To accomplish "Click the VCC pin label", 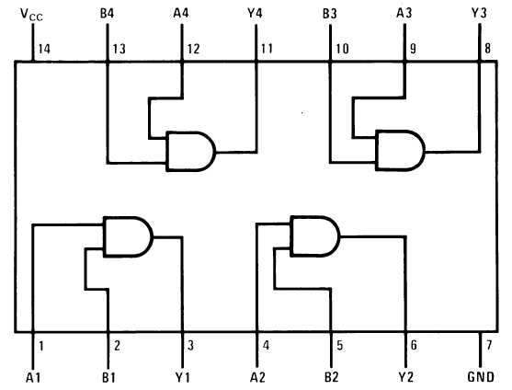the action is pos(31,15).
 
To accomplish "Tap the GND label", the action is pos(481,377).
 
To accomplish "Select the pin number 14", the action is pos(44,50).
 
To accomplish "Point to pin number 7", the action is pos(489,345).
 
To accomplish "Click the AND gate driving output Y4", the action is pos(191,152).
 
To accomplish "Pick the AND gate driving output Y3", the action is pos(401,150).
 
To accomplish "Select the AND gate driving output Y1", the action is pos(128,236).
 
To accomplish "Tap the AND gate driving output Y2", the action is pos(315,235).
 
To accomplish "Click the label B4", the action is pos(108,14).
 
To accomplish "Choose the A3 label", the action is pos(404,14).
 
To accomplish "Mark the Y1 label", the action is pos(183,377).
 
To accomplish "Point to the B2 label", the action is pos(332,377).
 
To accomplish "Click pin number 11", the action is pos(267,49).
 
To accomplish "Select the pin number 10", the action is pos(343,49).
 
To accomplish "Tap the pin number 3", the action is pos(190,345).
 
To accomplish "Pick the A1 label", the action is pos(33,378).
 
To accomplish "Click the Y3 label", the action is pos(479,14).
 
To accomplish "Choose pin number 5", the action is pos(340,345).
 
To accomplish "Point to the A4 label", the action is pos(181,14).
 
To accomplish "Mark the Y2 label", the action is pos(406,377).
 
